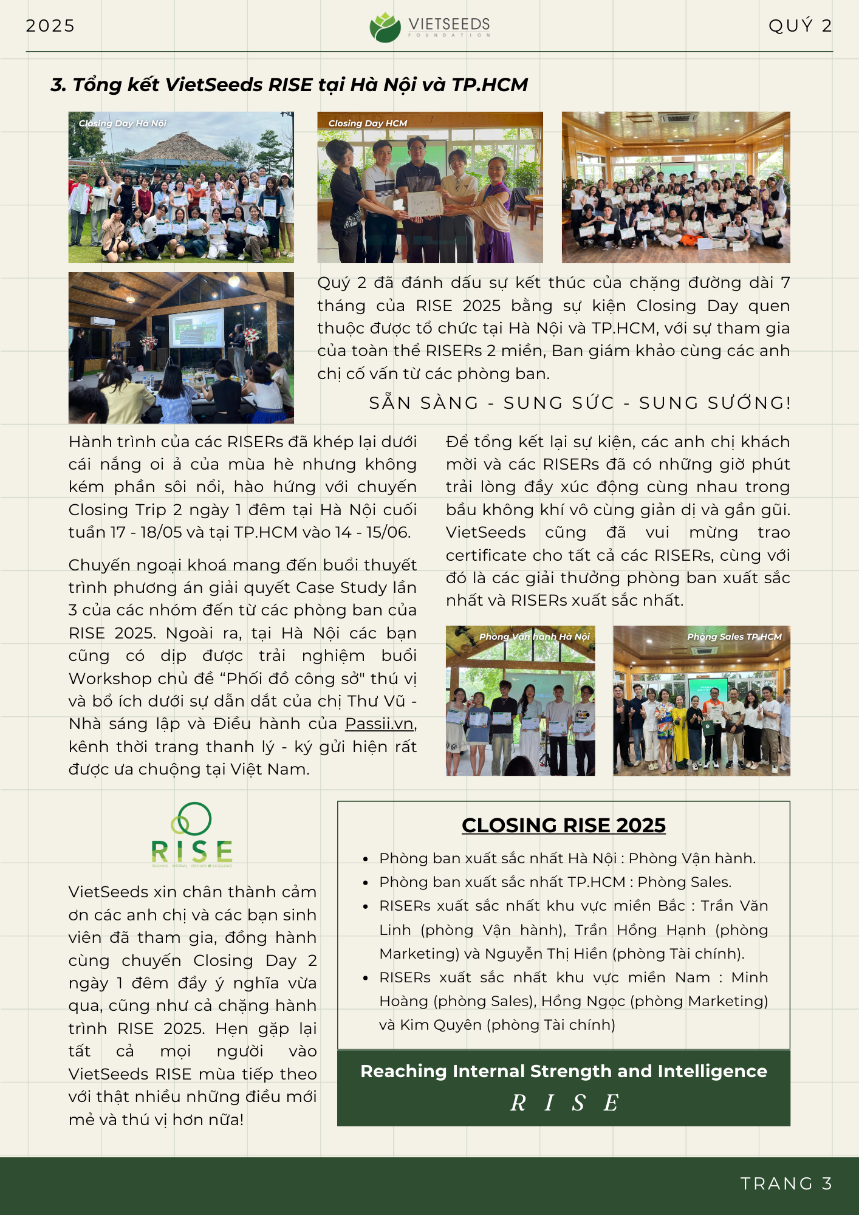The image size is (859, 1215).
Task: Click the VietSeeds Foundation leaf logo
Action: [385, 27]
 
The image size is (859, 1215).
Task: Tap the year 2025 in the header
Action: [50, 26]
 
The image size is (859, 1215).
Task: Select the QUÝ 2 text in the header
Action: [799, 26]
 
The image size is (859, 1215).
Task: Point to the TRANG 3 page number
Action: [786, 1183]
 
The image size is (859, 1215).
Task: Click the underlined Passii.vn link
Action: [380, 724]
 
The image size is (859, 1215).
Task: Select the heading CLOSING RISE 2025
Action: [563, 825]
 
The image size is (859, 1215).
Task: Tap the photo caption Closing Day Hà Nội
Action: [122, 123]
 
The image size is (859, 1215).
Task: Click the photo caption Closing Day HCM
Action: [368, 123]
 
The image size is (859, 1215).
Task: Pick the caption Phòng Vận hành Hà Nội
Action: [534, 637]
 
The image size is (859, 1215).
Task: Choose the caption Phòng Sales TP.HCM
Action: [734, 637]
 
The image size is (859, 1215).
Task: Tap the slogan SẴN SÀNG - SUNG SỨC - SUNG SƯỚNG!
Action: [580, 403]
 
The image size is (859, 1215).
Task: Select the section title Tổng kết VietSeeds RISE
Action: [289, 84]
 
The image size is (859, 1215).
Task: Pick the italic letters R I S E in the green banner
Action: [564, 1103]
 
